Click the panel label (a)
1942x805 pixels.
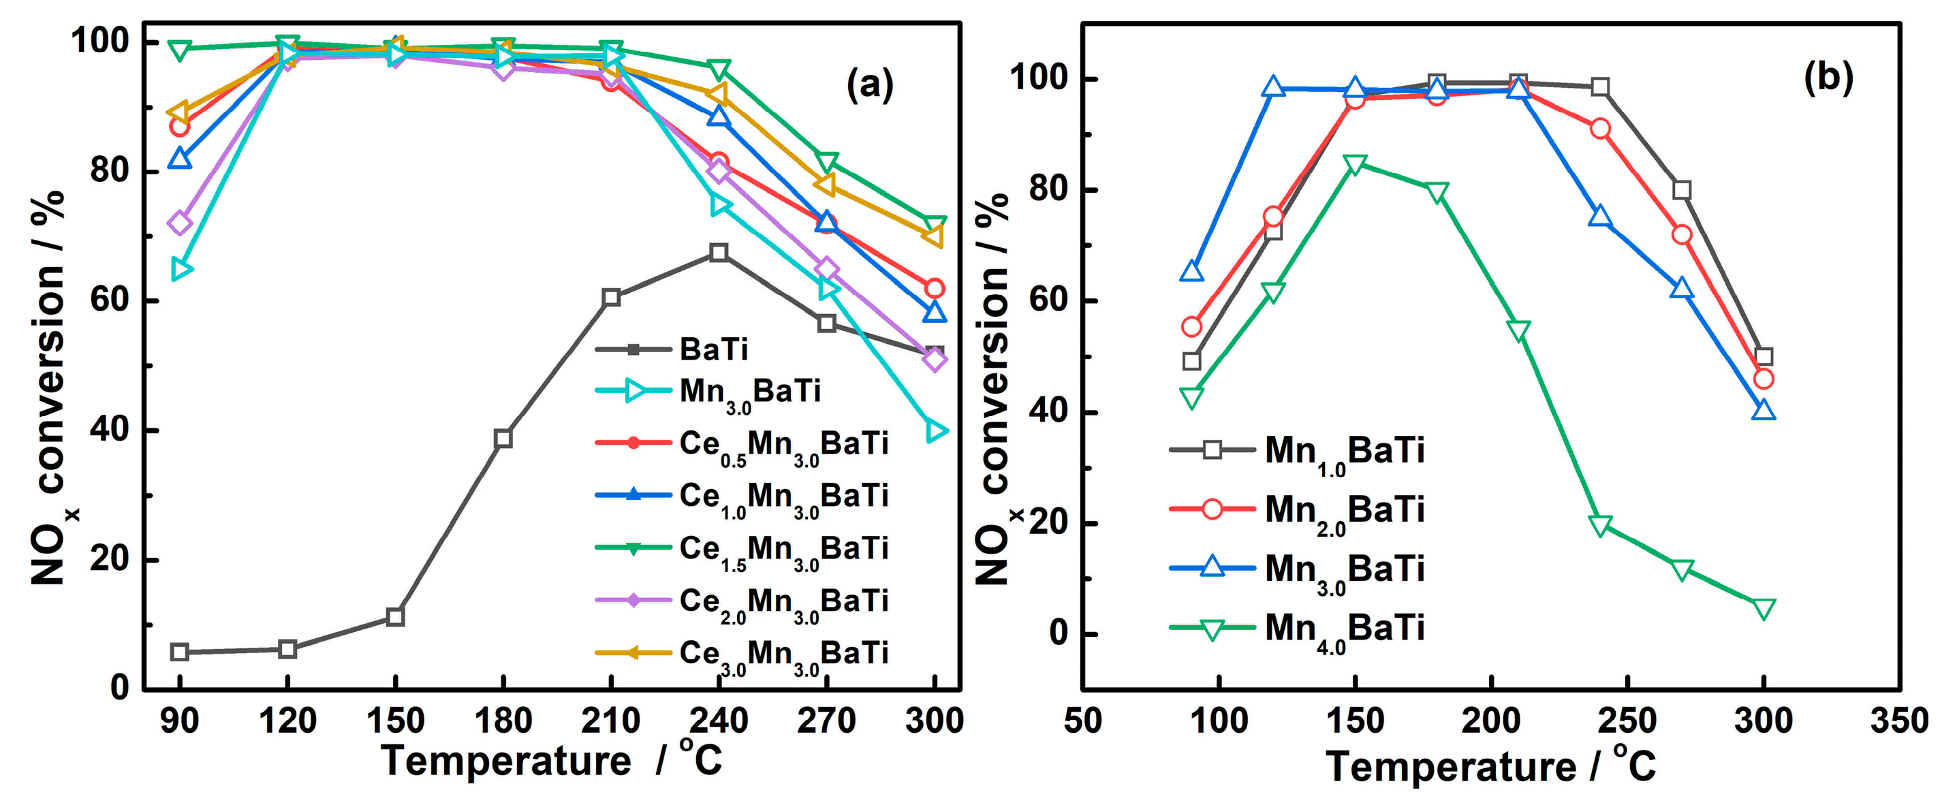[869, 84]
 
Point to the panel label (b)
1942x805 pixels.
[1828, 77]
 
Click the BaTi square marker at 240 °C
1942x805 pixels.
[719, 252]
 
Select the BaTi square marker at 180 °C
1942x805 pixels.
[503, 439]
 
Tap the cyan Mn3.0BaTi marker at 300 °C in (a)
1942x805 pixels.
[935, 431]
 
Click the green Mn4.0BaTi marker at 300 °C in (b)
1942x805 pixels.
[1764, 608]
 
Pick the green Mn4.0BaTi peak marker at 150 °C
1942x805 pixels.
[1355, 163]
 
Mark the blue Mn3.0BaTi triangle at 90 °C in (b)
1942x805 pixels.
[1191, 271]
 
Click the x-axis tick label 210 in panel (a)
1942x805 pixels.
[610, 721]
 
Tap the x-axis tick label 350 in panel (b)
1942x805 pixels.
[1898, 721]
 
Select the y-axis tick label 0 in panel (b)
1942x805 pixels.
[1058, 634]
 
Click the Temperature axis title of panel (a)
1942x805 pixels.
[550, 760]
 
